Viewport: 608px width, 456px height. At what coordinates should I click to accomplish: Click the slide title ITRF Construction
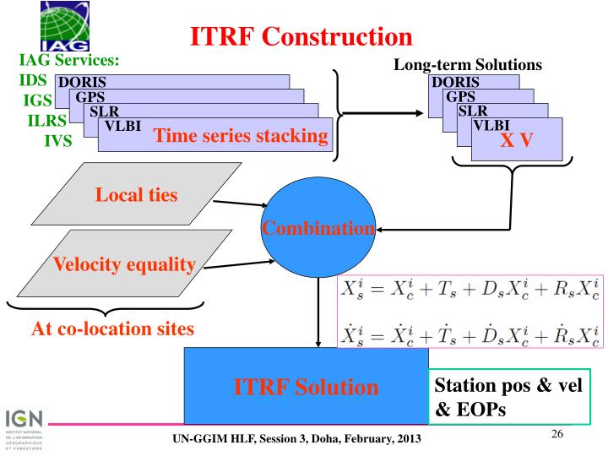(301, 35)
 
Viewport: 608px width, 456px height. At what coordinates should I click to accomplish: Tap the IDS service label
(31, 81)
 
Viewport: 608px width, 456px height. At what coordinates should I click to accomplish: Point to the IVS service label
(57, 140)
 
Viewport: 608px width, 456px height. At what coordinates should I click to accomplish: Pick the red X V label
(516, 140)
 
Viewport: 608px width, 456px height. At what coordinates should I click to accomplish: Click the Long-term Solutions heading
(468, 65)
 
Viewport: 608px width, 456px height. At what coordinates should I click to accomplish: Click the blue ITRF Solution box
(306, 387)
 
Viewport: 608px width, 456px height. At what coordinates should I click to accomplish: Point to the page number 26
(557, 433)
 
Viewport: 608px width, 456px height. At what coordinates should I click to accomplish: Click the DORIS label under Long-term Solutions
(455, 82)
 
